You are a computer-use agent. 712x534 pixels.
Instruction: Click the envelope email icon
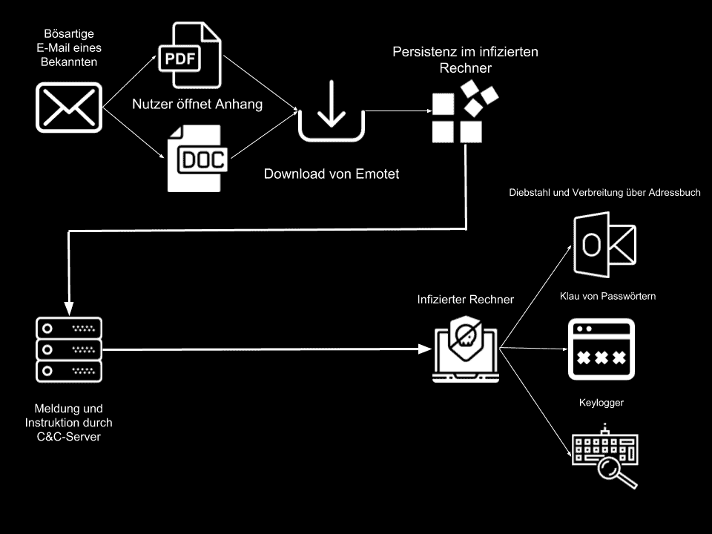click(x=69, y=107)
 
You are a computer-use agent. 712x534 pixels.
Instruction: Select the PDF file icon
click(x=190, y=57)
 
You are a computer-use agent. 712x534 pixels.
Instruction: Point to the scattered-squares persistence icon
click(x=464, y=113)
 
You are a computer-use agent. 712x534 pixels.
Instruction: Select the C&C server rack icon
click(x=69, y=349)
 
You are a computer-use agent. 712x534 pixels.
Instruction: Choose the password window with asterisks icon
click(x=601, y=349)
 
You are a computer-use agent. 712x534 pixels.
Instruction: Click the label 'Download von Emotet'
click(x=332, y=174)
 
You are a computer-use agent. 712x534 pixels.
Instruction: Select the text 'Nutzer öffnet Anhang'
click(x=197, y=105)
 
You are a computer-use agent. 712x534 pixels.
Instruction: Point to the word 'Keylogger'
click(x=601, y=403)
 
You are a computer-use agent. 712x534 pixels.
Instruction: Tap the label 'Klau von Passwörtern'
click(x=607, y=296)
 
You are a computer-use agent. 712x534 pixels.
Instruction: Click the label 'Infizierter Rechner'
click(x=466, y=300)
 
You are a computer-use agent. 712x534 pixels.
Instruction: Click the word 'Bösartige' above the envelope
click(x=69, y=34)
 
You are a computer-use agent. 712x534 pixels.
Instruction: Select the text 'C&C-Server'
click(x=69, y=437)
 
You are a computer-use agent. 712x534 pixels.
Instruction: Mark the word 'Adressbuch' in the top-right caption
click(x=673, y=193)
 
